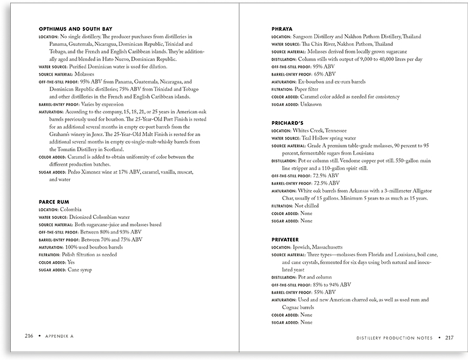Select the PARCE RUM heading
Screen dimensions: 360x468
pyautogui.click(x=55, y=202)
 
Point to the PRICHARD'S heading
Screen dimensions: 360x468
pyautogui.click(x=287, y=123)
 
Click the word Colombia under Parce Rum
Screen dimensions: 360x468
pyautogui.click(x=71, y=209)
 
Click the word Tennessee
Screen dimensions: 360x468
pyautogui.click(x=332, y=131)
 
